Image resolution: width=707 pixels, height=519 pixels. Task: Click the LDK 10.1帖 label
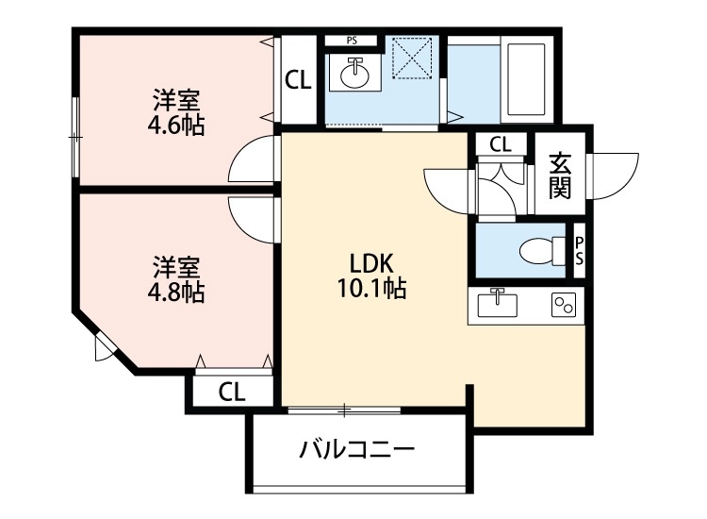point(371,276)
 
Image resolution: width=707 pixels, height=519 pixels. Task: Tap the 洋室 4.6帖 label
point(176,113)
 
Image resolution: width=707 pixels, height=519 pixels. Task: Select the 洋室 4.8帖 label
point(176,279)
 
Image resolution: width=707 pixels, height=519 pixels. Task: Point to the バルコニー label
point(356,449)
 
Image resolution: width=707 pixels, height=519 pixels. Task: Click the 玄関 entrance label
point(560,176)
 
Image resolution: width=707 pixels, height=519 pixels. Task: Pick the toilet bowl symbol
point(542,250)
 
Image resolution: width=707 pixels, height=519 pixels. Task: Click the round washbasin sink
point(354,73)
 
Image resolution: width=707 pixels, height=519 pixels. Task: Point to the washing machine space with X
point(412,59)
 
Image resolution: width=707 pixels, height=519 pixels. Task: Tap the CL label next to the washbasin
point(298,80)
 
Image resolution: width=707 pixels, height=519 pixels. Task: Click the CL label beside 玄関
point(501,144)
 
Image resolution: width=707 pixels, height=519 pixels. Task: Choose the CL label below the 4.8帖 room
point(232,392)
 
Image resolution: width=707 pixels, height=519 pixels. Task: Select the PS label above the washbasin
point(352,41)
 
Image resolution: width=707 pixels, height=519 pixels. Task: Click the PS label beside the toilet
point(579,251)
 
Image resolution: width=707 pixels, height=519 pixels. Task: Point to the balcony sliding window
point(344,410)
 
